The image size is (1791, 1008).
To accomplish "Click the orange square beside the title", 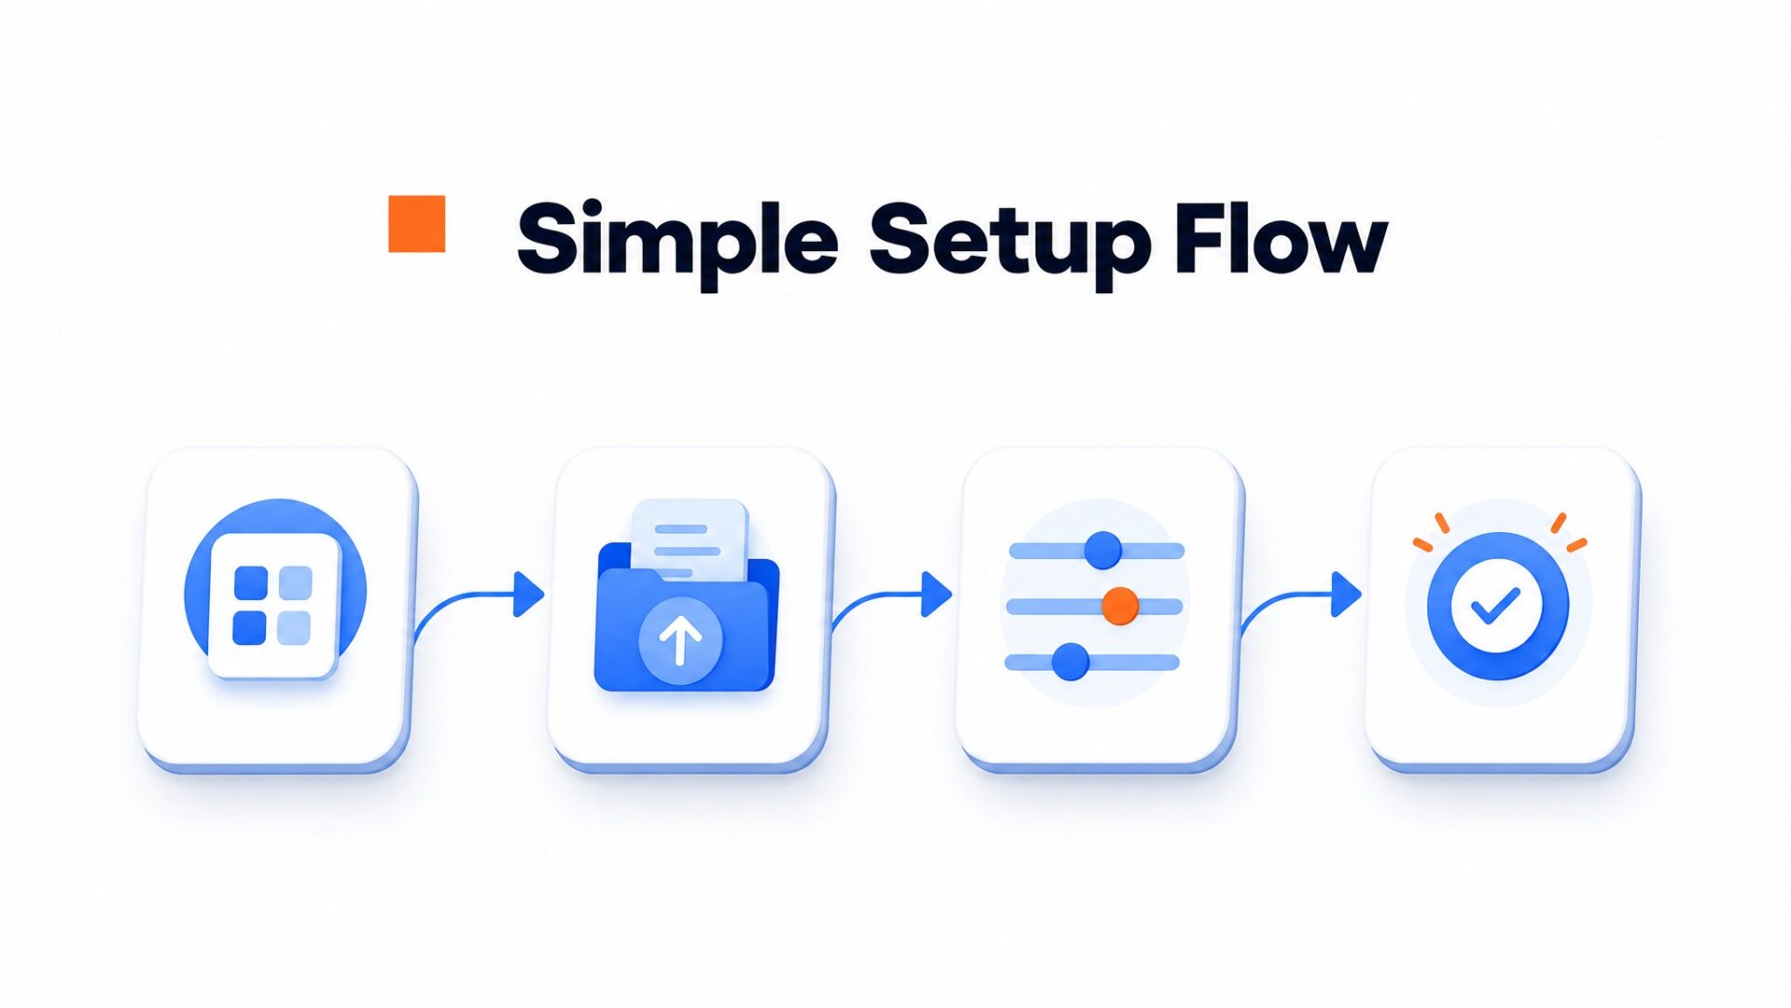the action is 416,224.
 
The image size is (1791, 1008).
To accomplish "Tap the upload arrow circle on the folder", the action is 680,640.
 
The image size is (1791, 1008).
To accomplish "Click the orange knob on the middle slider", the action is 1119,606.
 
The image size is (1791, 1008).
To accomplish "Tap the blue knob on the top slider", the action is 1103,550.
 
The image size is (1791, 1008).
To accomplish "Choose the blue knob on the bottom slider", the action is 1070,662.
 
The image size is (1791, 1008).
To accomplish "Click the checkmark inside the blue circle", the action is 1496,606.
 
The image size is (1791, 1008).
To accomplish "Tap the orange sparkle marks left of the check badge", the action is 1431,532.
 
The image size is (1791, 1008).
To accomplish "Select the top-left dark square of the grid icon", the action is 251,582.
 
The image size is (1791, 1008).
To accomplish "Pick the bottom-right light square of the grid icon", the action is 295,627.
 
